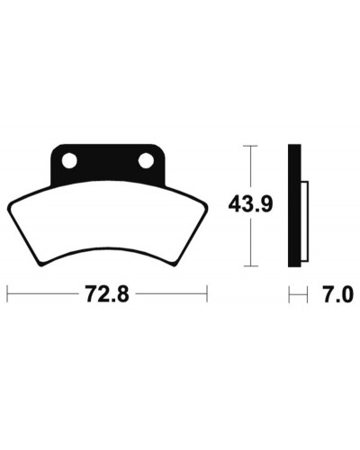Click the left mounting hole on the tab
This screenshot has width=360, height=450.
pyautogui.click(x=69, y=160)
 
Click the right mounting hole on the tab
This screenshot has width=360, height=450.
pyautogui.click(x=146, y=160)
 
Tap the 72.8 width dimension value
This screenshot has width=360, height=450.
pyautogui.click(x=107, y=294)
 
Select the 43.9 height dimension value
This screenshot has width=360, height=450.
pyautogui.click(x=250, y=204)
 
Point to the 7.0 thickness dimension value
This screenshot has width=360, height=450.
pyautogui.click(x=336, y=294)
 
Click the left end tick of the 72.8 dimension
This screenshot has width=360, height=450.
pyautogui.click(x=7, y=293)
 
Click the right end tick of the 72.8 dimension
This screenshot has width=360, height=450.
pyautogui.click(x=207, y=293)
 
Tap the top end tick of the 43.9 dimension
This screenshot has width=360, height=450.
pyautogui.click(x=250, y=146)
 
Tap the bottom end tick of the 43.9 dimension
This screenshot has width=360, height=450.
pyautogui.click(x=250, y=265)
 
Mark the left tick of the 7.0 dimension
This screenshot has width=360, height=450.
pyautogui.click(x=289, y=294)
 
